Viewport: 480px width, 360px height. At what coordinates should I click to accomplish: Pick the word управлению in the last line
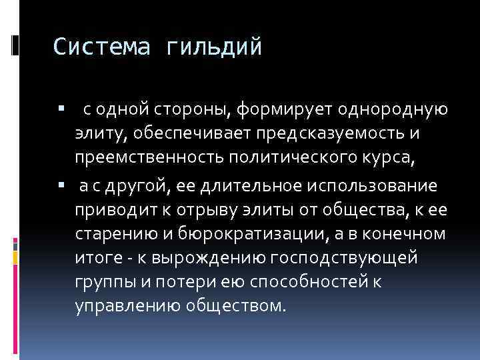point(117,307)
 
